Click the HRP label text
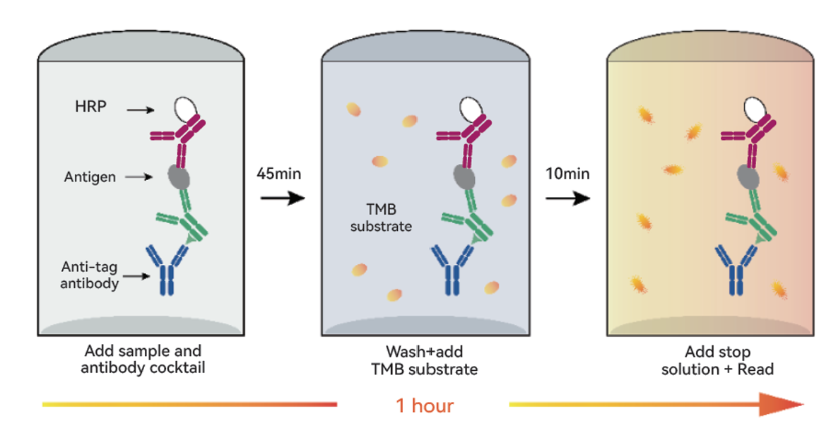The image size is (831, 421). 90,107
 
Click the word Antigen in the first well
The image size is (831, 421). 90,177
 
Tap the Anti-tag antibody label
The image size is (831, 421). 90,275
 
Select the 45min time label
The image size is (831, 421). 278,173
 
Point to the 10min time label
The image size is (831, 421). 567,173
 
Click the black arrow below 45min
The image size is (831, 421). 283,198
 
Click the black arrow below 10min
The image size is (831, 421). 568,198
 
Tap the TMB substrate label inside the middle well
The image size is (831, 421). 381,218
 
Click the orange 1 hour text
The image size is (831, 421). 425,405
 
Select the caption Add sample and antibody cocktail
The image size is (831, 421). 143,359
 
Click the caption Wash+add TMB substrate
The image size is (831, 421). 425,360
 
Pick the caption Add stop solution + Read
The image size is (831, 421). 718,360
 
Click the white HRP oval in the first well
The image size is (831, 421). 186,109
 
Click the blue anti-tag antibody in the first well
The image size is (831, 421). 167,269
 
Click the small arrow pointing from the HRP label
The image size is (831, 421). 141,109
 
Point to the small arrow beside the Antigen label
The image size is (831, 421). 139,177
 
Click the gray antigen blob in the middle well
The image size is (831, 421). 464,177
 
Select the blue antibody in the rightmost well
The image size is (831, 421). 737,269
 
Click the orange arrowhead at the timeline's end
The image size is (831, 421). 782,405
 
